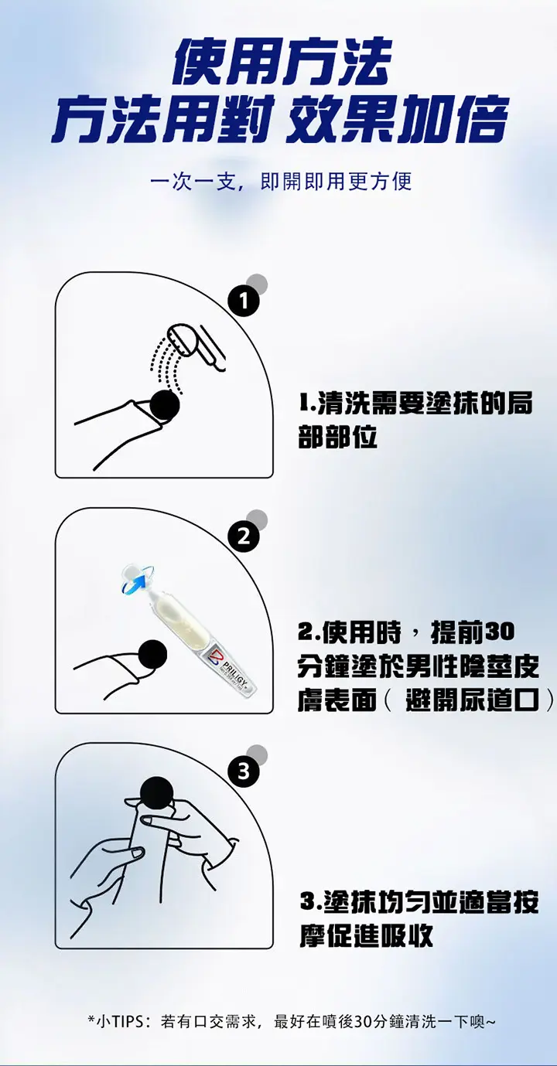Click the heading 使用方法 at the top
point(282,62)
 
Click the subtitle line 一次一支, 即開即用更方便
point(281,182)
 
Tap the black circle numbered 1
point(243,301)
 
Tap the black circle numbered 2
point(243,536)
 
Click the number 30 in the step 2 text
point(500,632)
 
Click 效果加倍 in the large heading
point(397,119)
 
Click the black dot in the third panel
point(157,792)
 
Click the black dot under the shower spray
point(165,404)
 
